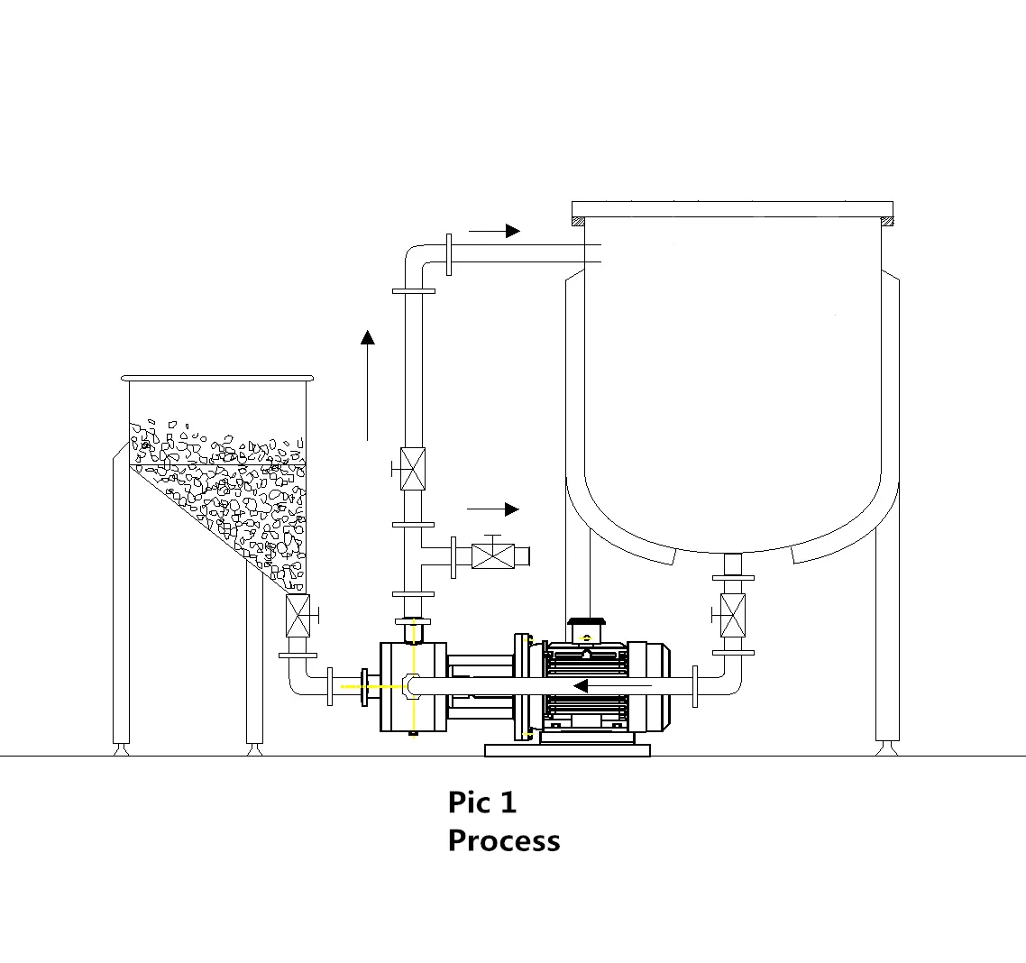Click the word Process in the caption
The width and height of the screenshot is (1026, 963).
click(x=503, y=840)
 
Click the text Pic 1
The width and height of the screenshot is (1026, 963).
click(x=482, y=802)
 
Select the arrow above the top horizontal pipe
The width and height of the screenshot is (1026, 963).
click(x=494, y=231)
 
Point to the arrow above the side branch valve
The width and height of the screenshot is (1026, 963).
click(x=494, y=509)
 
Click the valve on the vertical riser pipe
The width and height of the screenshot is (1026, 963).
click(x=413, y=468)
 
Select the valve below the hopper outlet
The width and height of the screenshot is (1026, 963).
click(x=298, y=616)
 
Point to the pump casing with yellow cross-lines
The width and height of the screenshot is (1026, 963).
click(x=413, y=686)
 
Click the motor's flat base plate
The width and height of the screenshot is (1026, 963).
click(x=567, y=749)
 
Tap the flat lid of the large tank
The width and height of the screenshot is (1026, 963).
click(x=732, y=209)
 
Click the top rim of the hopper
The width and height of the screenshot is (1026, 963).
click(x=217, y=378)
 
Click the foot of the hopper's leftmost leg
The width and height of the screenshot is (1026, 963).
click(x=120, y=747)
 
